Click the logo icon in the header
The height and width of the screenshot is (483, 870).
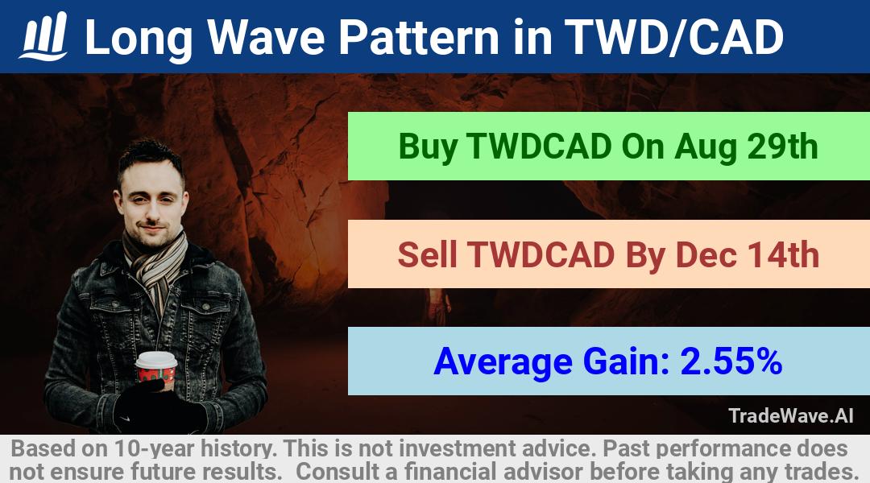[x=43, y=36]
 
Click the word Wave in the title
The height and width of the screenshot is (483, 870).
[x=267, y=37]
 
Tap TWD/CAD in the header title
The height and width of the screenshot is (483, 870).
[x=673, y=37]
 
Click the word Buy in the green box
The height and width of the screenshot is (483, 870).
[x=428, y=147]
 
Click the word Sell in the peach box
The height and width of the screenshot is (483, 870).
[x=427, y=254]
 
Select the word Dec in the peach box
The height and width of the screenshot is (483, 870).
[x=706, y=254]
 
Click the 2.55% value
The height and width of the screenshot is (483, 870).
[x=731, y=361]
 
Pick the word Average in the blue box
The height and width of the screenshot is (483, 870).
[x=503, y=362]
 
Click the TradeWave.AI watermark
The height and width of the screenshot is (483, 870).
[x=791, y=415]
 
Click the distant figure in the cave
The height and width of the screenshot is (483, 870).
[x=438, y=308]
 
